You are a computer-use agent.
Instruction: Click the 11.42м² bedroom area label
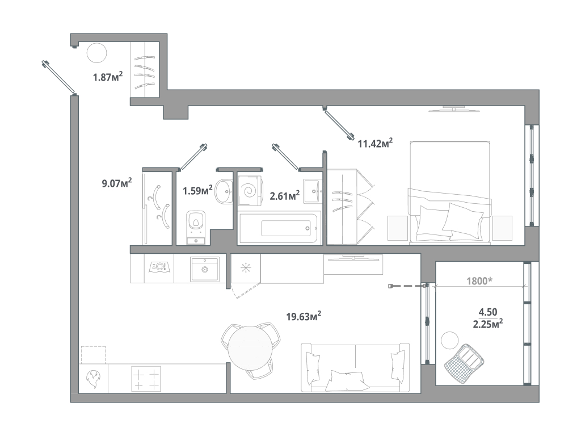pyautogui.click(x=375, y=142)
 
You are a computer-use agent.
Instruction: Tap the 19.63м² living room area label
pyautogui.click(x=304, y=316)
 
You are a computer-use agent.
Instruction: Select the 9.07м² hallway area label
pyautogui.click(x=117, y=183)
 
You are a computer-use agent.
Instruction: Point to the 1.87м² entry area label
pyautogui.click(x=107, y=77)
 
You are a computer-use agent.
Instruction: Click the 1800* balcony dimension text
pyautogui.click(x=479, y=281)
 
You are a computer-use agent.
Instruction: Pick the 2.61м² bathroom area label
pyautogui.click(x=285, y=195)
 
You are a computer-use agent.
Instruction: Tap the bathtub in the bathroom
pyautogui.click(x=278, y=228)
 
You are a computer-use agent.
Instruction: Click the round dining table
pyautogui.click(x=250, y=349)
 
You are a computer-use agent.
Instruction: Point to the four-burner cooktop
pyautogui.click(x=146, y=379)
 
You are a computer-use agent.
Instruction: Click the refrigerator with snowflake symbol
pyautogui.click(x=246, y=269)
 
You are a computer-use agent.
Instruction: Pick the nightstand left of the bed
pyautogui.click(x=398, y=228)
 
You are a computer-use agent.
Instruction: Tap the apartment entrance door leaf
pyautogui.click(x=59, y=77)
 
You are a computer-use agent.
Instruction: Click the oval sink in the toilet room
pyautogui.click(x=224, y=192)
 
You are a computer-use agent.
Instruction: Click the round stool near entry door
pyautogui.click(x=96, y=53)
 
